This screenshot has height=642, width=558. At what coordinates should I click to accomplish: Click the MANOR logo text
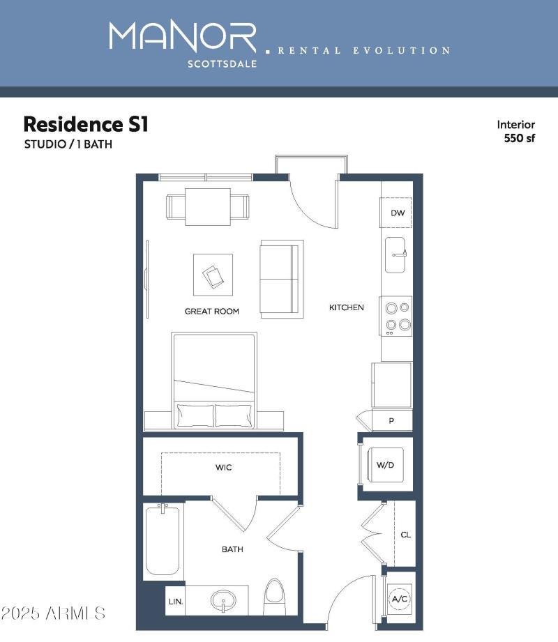pos(183,38)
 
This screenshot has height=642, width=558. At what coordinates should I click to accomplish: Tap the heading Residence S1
pos(86,124)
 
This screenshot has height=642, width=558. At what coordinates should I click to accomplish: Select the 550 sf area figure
pos(519,137)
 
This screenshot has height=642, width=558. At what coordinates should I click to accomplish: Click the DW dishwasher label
pos(397,213)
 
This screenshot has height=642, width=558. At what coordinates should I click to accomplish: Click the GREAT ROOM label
pos(211,311)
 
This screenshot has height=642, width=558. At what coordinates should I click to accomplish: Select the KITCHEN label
pos(346,307)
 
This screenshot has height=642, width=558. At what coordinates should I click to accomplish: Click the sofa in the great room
pos(282,279)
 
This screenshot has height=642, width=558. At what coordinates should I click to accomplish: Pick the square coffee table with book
pos(213,275)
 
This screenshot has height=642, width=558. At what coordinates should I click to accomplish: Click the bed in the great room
pos(214,380)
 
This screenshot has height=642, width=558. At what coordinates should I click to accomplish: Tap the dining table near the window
pos(207,207)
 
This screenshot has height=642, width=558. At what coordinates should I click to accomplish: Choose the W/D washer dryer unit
pos(385,465)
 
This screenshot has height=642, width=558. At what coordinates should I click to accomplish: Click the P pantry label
pos(391,421)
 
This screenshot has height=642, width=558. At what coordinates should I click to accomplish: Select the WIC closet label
pos(223,467)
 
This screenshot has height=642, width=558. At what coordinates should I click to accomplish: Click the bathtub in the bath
pos(163,540)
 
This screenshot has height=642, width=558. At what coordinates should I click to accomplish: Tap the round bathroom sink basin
pos(223,601)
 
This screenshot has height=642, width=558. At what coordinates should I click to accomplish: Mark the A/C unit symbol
pos(400,599)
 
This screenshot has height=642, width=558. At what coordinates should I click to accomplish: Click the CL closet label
pos(405,535)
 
